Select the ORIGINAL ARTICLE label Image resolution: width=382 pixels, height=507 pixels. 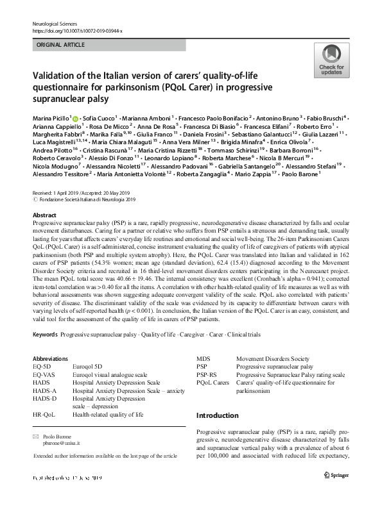point(61,46)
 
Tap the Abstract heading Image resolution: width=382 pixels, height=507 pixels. point(44,215)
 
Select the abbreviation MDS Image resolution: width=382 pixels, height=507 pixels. point(204,359)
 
